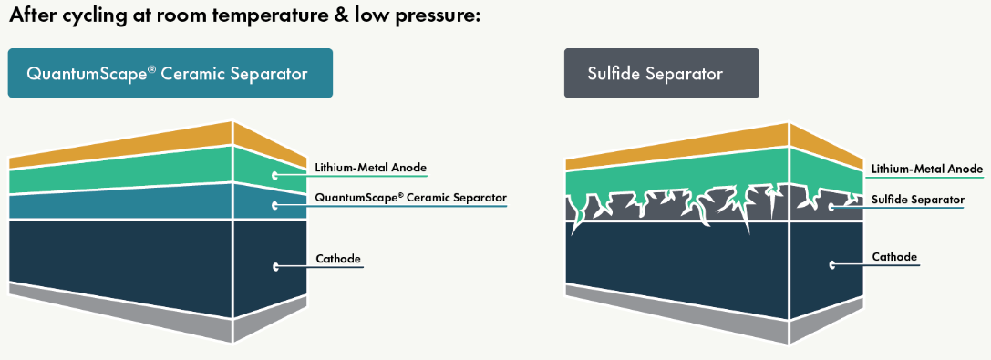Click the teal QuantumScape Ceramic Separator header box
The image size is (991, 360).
170,73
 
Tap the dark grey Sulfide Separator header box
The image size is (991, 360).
662,73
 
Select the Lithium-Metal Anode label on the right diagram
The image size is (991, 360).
927,169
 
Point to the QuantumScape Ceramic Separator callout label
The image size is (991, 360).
411,199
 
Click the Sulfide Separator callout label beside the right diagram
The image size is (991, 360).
918,201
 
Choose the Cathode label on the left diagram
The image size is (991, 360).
338,259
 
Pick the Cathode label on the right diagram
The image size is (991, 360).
894,257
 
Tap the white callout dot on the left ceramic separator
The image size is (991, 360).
275,206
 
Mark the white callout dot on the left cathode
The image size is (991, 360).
275,266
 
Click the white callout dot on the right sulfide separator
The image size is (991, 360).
831,208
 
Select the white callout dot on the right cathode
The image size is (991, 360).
831,264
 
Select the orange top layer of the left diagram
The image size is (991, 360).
158,147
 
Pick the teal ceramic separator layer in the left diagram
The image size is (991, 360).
158,201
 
